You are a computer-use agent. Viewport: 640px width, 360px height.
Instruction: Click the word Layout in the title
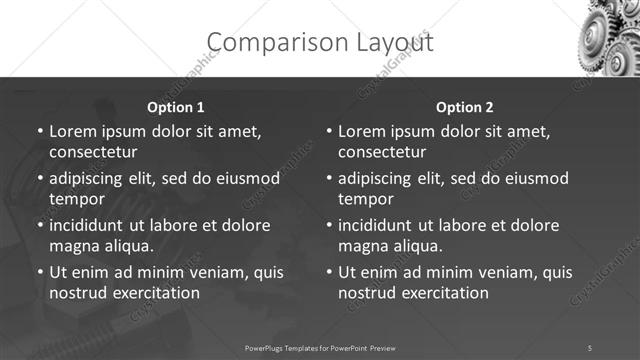[385, 42]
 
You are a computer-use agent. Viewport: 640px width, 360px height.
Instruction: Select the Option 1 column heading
[175, 107]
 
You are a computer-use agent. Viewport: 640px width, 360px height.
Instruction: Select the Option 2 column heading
[465, 107]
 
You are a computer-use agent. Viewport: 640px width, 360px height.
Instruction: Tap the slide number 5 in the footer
[590, 347]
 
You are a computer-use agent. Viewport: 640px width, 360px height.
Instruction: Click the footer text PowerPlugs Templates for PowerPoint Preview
[320, 347]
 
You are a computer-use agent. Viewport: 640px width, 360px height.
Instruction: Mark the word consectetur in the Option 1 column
[93, 153]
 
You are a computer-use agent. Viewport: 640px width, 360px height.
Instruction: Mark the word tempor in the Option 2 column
[366, 200]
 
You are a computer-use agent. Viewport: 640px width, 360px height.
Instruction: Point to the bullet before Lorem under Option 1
[39, 132]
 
